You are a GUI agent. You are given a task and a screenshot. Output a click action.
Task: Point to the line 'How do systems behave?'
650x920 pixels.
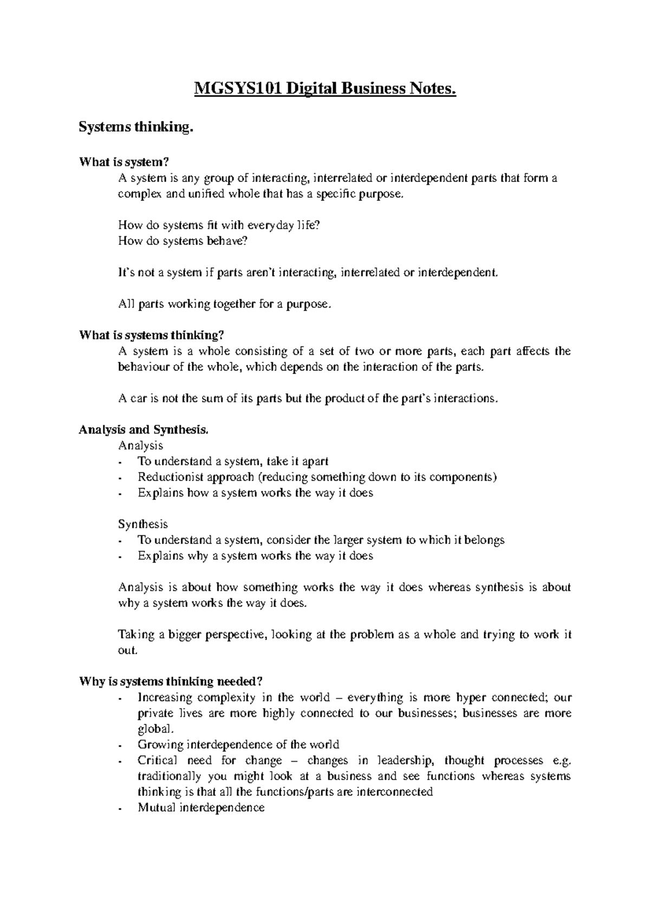click(x=182, y=241)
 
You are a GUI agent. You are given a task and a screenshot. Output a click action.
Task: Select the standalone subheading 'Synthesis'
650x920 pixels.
click(x=143, y=524)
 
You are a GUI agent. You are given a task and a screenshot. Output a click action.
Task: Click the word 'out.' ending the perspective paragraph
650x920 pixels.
click(x=128, y=650)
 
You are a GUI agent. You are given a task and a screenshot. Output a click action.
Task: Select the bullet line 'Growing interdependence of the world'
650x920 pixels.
click(x=238, y=744)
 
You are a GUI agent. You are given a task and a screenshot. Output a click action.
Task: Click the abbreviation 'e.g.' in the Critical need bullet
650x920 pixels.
click(x=561, y=760)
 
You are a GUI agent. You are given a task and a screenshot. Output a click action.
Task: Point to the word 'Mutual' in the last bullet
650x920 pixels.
click(x=156, y=807)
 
